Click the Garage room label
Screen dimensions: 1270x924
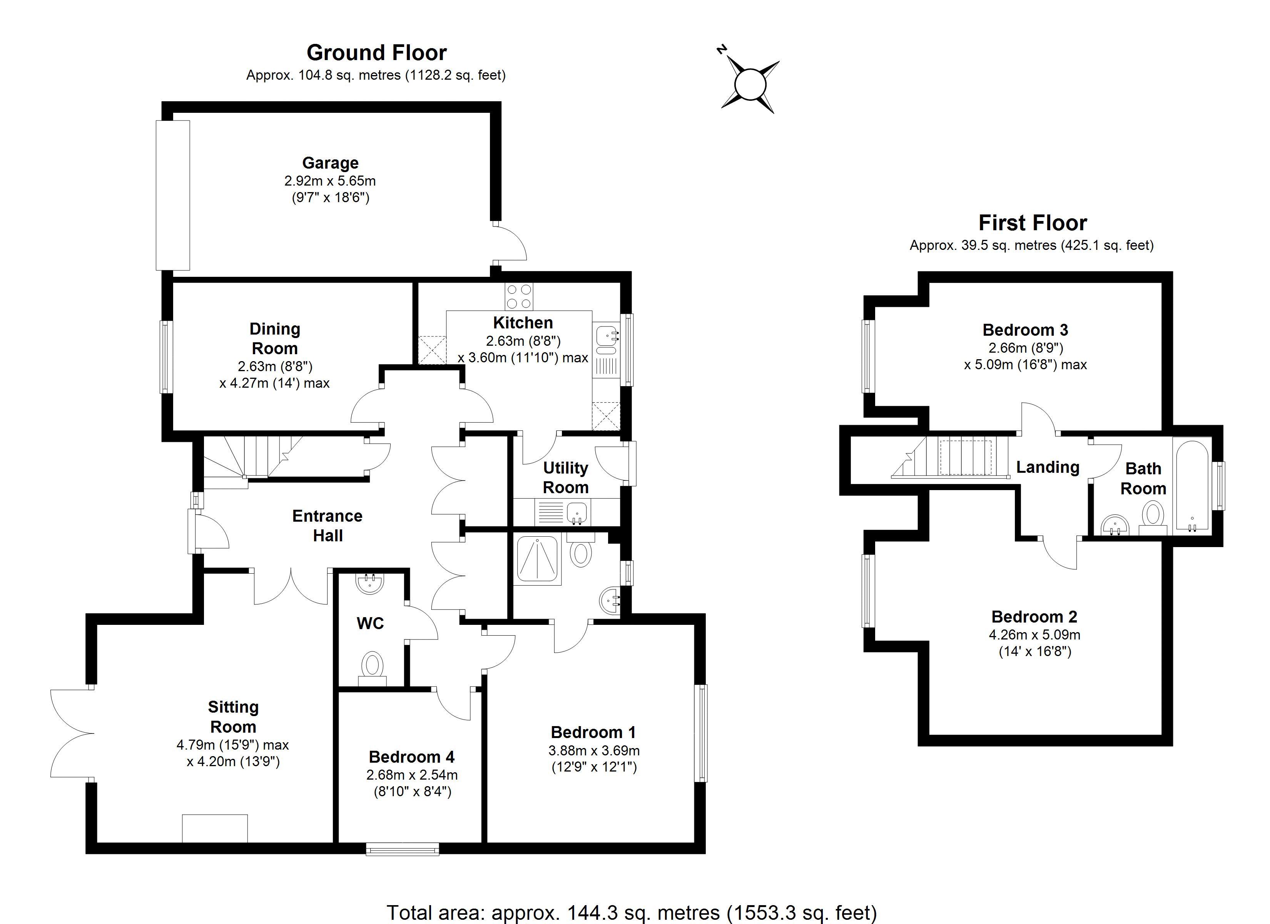click(x=330, y=163)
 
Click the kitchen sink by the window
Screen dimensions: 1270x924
click(x=606, y=337)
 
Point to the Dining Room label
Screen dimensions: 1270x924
click(x=274, y=338)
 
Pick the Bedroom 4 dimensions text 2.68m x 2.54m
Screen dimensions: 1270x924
click(x=412, y=775)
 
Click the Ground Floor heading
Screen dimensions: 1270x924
click(x=376, y=53)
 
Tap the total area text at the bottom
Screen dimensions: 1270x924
click(x=632, y=912)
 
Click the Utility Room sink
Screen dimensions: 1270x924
click(x=577, y=512)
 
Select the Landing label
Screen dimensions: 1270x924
click(x=1048, y=467)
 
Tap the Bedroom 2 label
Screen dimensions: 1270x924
click(x=1034, y=617)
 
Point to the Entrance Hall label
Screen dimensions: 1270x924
click(x=328, y=526)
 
